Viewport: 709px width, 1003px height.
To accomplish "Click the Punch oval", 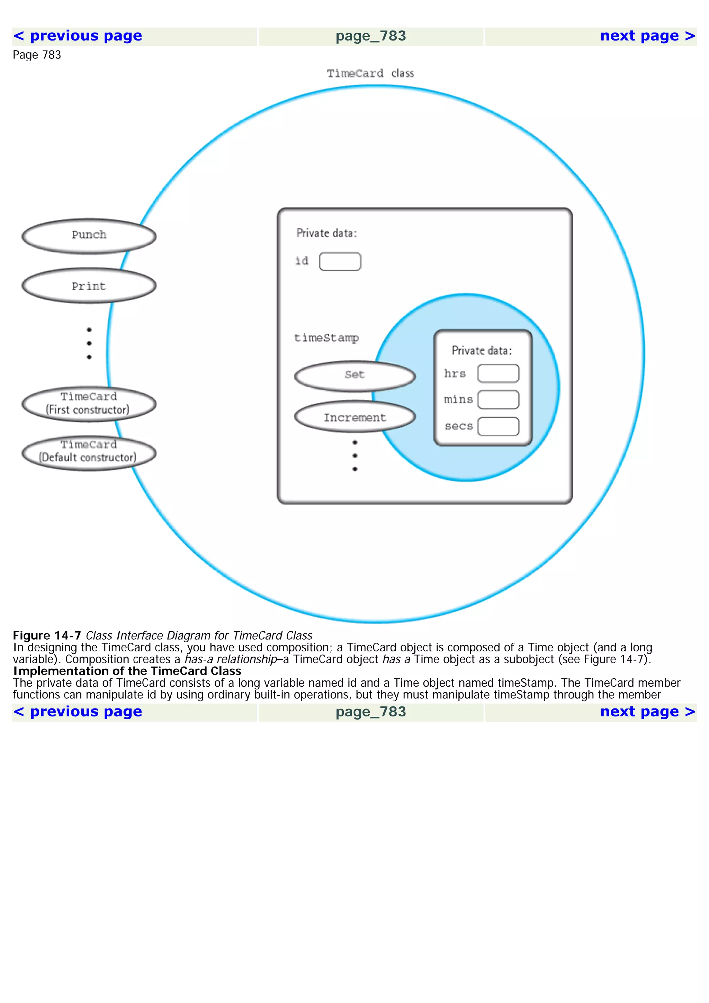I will click(x=89, y=236).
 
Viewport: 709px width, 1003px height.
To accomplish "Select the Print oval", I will click(x=89, y=286).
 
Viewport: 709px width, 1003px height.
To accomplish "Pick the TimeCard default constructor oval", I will click(x=89, y=453).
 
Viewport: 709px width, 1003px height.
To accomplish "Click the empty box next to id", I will click(x=340, y=262).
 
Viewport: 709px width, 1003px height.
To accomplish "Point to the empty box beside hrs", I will click(x=498, y=373).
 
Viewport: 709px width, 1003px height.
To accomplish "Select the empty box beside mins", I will click(x=498, y=400).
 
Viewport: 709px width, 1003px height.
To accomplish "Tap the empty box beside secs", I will click(x=498, y=426).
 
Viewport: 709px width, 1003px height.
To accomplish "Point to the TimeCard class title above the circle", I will click(x=370, y=73).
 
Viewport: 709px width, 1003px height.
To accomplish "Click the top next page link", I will click(x=647, y=36).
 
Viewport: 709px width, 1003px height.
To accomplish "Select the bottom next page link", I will click(x=647, y=712).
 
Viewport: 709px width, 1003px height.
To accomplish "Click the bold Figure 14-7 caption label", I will click(x=47, y=635).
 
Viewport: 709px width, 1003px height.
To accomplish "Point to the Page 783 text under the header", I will click(x=37, y=55).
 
